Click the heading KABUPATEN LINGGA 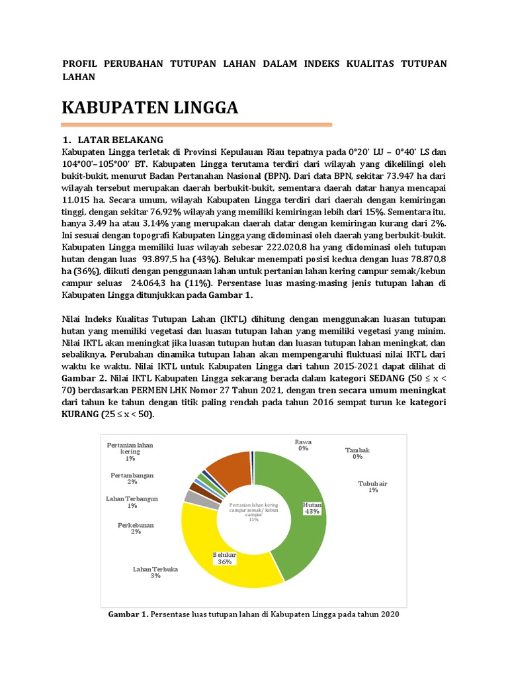[x=149, y=107]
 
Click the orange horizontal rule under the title [x=196, y=124]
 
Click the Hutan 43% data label [x=312, y=508]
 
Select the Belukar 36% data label [x=224, y=557]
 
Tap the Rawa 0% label [x=303, y=444]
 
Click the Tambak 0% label [x=357, y=453]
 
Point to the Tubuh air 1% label [x=373, y=487]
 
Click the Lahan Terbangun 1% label [x=132, y=502]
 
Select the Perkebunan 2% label [x=136, y=528]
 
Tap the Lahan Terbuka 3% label [x=155, y=573]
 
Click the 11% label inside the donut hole [x=253, y=520]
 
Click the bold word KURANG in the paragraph [x=81, y=414]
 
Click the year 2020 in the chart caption [x=390, y=614]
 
